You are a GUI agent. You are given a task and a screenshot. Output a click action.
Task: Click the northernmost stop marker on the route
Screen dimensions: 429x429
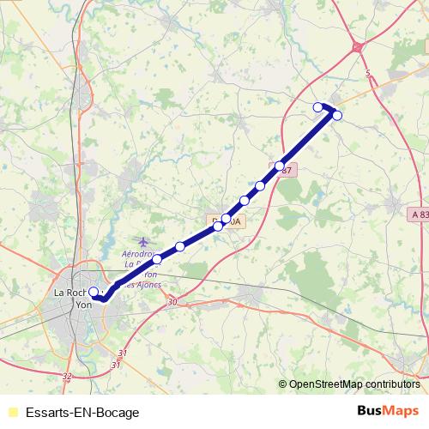coord(318,106)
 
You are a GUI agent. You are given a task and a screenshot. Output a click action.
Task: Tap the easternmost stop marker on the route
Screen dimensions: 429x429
coord(337,115)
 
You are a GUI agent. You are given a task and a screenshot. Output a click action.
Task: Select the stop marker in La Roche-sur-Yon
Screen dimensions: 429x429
coord(94,292)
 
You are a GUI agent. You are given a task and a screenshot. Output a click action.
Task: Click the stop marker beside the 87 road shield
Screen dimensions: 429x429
coord(280,166)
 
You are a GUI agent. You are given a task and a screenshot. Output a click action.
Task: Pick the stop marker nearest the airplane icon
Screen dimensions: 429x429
coord(157,258)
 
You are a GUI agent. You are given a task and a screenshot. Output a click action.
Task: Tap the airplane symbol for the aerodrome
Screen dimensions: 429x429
coord(142,242)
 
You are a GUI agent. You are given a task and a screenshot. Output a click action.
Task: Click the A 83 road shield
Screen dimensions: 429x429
coord(418,213)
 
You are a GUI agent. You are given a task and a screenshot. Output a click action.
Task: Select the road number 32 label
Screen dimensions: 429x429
coord(68,376)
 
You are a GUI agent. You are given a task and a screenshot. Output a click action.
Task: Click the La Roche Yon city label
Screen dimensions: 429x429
coord(72,298)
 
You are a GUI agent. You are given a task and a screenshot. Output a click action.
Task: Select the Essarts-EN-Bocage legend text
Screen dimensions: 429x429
coord(82,413)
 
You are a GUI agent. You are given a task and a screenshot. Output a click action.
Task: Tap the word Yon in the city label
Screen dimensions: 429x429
coord(84,304)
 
